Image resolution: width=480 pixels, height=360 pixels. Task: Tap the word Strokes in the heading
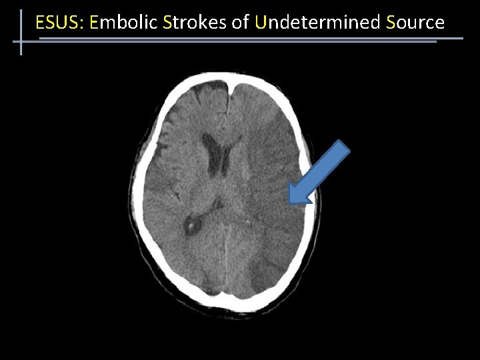click(x=194, y=23)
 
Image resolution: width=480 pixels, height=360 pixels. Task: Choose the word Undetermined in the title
click(x=317, y=23)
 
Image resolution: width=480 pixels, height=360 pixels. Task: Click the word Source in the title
click(x=415, y=23)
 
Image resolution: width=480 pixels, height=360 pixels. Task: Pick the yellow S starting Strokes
click(x=167, y=23)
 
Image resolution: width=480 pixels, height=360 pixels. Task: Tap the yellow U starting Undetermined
click(x=260, y=23)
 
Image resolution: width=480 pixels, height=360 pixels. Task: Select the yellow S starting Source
click(x=391, y=23)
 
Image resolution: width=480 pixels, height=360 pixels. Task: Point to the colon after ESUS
click(x=83, y=24)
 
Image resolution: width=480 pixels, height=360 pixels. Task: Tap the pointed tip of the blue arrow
click(x=291, y=201)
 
